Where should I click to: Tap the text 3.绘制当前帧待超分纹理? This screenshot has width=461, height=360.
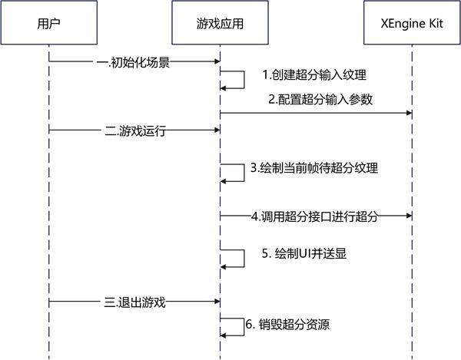click(315, 168)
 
